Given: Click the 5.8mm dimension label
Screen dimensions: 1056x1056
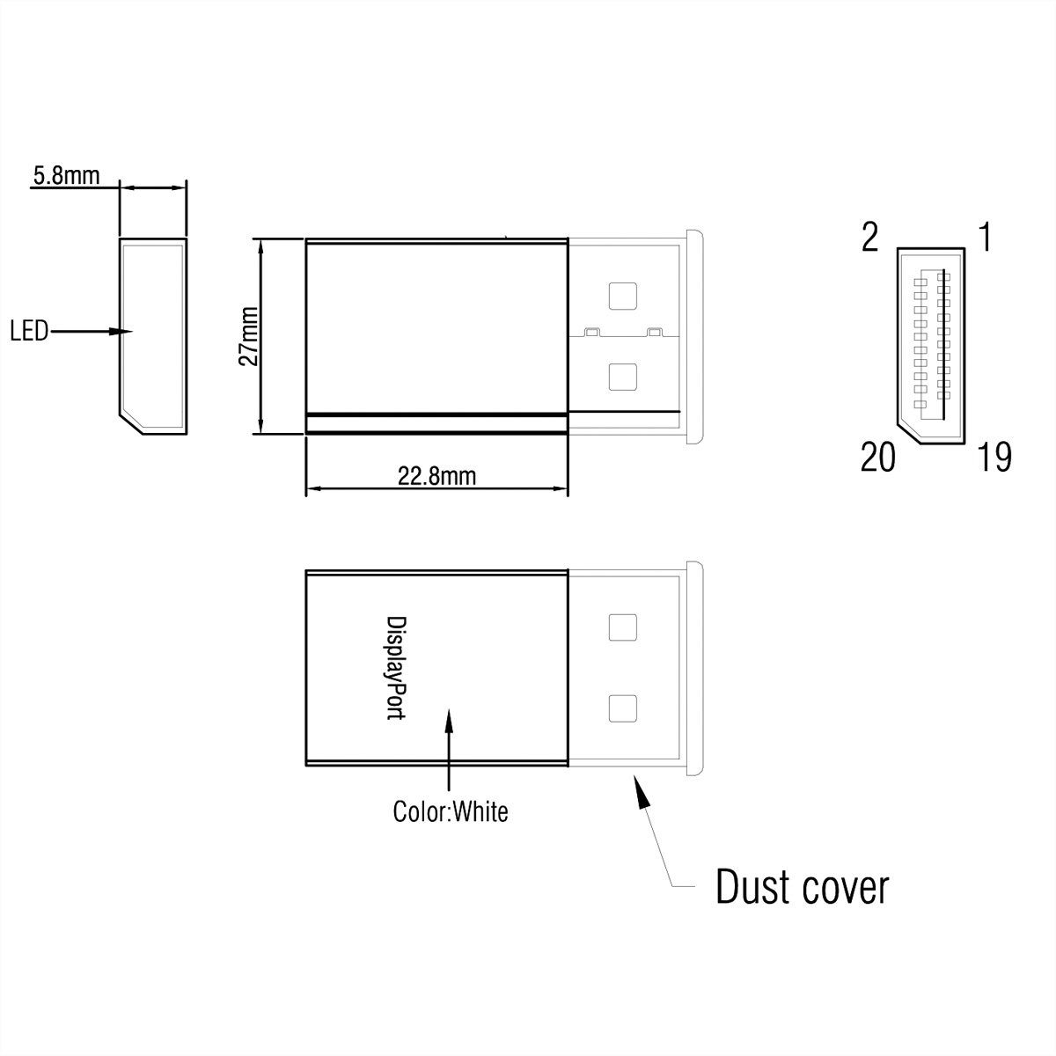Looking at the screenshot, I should click(65, 176).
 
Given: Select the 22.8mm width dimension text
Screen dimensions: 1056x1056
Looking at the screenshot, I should click(436, 476).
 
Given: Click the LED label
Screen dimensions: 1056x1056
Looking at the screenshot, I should click(29, 333).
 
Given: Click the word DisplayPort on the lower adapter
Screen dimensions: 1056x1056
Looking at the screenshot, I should click(397, 668).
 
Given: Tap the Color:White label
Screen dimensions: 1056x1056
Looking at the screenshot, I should click(451, 810).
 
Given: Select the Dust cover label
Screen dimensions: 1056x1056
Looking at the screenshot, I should click(802, 887).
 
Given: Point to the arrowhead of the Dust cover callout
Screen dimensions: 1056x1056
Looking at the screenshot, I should click(642, 791).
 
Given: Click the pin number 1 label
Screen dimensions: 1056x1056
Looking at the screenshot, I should click(986, 238).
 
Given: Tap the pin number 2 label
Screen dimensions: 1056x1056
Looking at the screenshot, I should click(869, 238).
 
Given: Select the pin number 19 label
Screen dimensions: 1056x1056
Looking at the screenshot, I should click(994, 458).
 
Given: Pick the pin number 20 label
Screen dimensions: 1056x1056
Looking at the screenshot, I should click(877, 458).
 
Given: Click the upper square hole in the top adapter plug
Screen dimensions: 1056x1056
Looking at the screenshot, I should click(622, 296).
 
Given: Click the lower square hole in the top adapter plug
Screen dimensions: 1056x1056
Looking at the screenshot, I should click(622, 378).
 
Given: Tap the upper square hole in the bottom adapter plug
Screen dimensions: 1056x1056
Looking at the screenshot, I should click(622, 627).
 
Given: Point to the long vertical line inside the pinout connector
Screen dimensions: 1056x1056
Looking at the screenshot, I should click(942, 343).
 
